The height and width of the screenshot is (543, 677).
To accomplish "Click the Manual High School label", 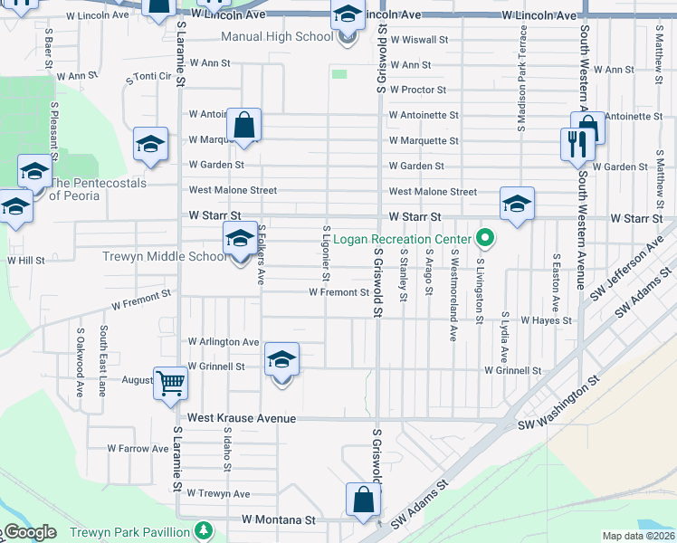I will (x=277, y=38).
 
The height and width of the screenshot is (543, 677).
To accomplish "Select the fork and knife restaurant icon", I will (x=576, y=143).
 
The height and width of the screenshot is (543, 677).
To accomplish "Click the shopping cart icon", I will (x=169, y=382).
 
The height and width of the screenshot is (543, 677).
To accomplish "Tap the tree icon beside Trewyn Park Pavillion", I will (x=205, y=529).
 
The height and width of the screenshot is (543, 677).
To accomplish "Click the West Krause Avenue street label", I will (x=242, y=419).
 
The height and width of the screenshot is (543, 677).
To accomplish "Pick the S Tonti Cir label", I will (x=149, y=78).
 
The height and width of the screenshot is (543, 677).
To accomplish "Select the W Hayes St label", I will (x=546, y=320).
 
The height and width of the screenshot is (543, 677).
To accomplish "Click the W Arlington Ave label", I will (x=224, y=342).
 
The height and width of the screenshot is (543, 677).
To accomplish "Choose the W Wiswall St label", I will (x=419, y=40).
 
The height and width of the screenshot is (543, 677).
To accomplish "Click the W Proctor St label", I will (x=417, y=90).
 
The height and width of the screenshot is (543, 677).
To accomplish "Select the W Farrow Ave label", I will (x=138, y=448).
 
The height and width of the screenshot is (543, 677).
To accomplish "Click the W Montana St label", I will (x=278, y=520).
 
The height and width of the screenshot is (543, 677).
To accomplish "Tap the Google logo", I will (x=29, y=532).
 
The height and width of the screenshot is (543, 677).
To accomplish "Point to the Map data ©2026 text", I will (x=639, y=536).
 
